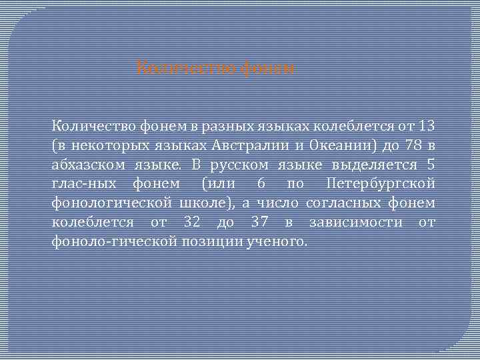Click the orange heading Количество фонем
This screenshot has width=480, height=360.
click(x=215, y=68)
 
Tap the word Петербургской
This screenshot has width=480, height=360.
click(x=381, y=183)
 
